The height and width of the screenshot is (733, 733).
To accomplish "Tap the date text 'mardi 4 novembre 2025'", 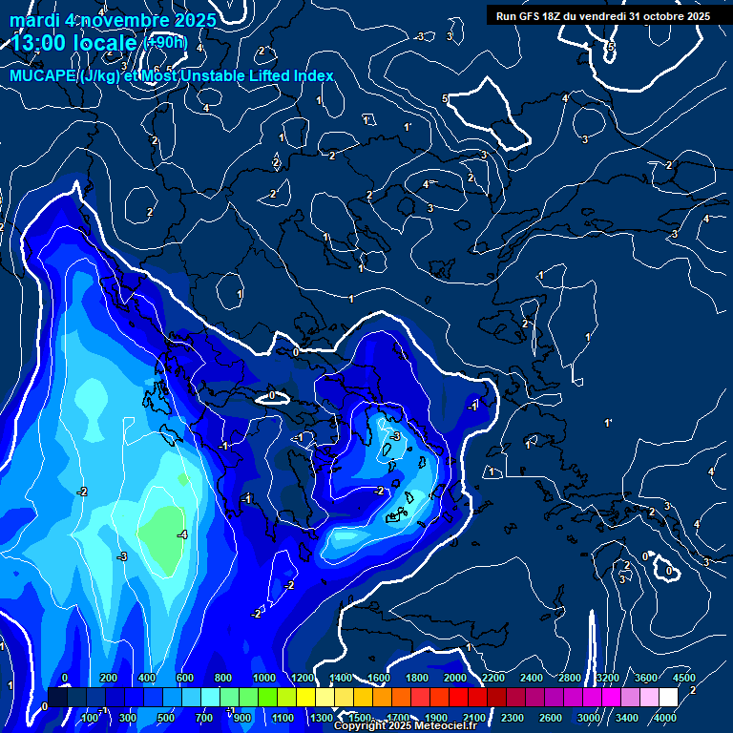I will point(113,20).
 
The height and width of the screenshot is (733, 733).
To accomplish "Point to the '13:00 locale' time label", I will point(74,43).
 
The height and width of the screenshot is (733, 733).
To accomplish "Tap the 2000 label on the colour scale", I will point(455,678).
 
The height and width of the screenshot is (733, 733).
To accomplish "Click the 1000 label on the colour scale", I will point(263,678).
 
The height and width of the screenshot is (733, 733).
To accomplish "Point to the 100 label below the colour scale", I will point(92,717).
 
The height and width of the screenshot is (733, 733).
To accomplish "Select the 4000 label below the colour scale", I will point(666,717).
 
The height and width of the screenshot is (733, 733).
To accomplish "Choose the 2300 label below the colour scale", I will point(513,717).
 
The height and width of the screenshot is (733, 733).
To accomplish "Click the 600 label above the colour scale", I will point(185,678).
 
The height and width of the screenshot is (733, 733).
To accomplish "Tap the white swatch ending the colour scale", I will point(668,698).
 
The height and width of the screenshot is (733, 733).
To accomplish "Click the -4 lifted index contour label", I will point(181,534).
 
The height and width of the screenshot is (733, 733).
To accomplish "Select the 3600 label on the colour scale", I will point(646,678).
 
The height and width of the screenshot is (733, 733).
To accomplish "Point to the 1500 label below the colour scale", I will point(360,717).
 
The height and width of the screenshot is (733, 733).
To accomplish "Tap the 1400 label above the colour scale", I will point(341,678).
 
